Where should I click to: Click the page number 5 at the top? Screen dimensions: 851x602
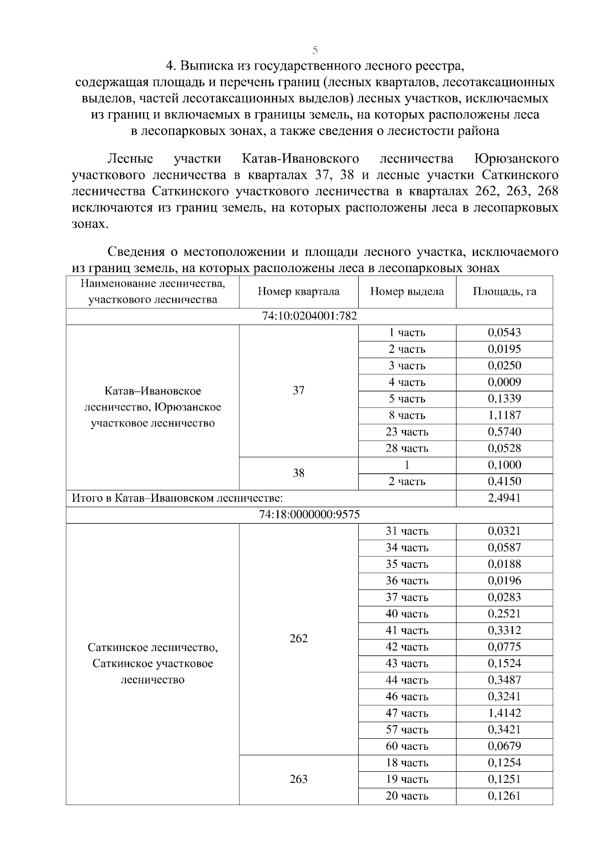click(315, 50)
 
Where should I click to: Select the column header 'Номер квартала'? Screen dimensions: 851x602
click(298, 292)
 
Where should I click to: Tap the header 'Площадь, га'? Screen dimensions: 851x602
click(504, 292)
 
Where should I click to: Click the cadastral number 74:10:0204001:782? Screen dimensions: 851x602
click(309, 316)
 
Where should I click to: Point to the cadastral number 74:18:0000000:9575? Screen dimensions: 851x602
click(309, 515)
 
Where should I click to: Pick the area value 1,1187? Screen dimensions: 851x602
click(504, 415)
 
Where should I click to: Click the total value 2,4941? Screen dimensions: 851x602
click(504, 498)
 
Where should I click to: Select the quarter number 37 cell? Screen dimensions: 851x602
click(298, 390)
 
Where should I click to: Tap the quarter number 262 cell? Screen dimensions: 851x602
click(298, 639)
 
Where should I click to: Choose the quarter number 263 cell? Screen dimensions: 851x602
click(298, 779)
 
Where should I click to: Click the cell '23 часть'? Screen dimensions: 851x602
click(407, 432)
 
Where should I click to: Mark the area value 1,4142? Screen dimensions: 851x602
click(504, 713)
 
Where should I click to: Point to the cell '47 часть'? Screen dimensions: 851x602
click(407, 713)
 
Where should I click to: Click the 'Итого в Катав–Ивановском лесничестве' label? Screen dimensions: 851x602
click(177, 498)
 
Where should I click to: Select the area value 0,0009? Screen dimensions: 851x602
click(504, 382)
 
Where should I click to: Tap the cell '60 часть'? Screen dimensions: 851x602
click(407, 746)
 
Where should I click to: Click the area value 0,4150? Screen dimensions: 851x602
click(504, 481)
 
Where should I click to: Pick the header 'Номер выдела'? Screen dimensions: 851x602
click(407, 292)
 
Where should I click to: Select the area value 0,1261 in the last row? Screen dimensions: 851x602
click(504, 796)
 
